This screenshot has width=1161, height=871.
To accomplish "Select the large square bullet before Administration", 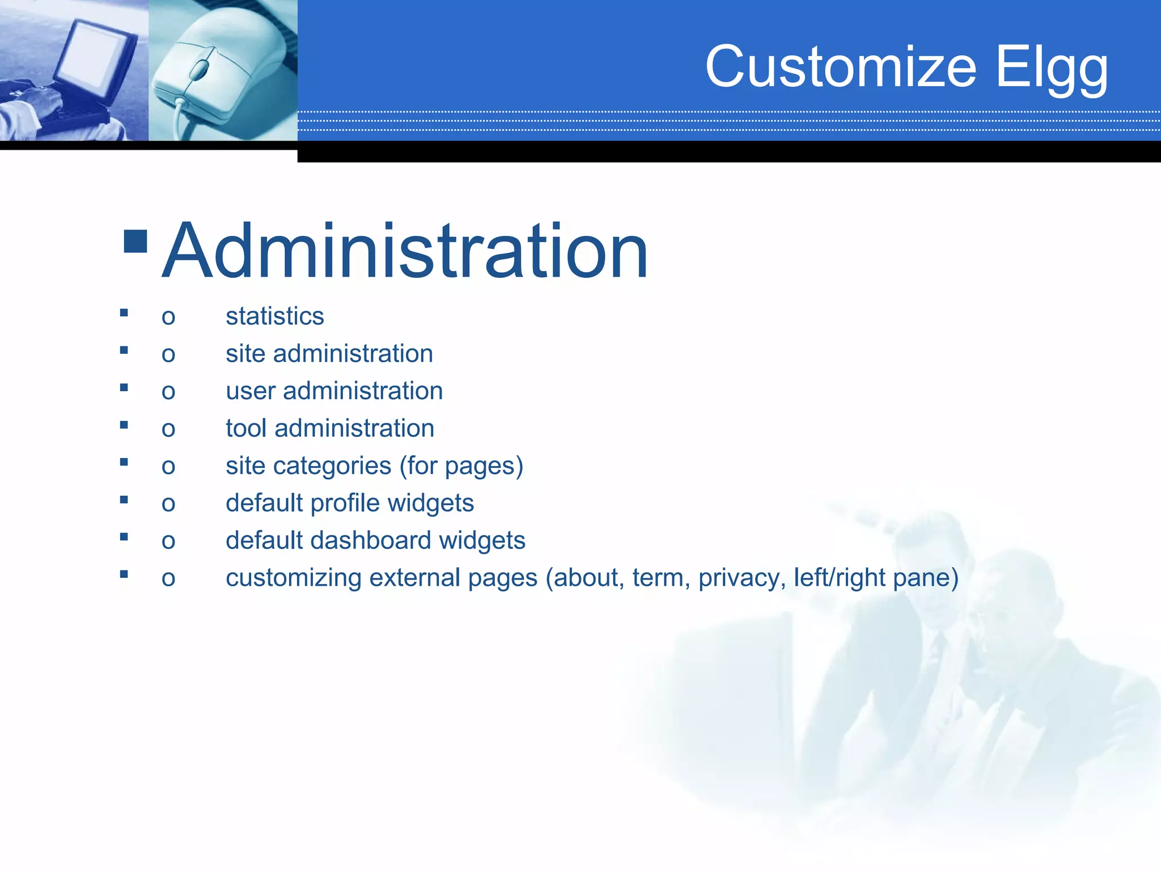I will point(135,241).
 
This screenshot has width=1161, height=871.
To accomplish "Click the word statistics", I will point(274,316).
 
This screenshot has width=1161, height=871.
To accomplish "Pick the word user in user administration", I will point(250,391).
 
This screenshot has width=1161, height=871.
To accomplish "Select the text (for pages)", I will point(461,466).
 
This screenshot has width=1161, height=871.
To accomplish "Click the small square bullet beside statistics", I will point(124,312).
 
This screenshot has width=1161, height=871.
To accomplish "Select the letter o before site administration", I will point(168,355).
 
